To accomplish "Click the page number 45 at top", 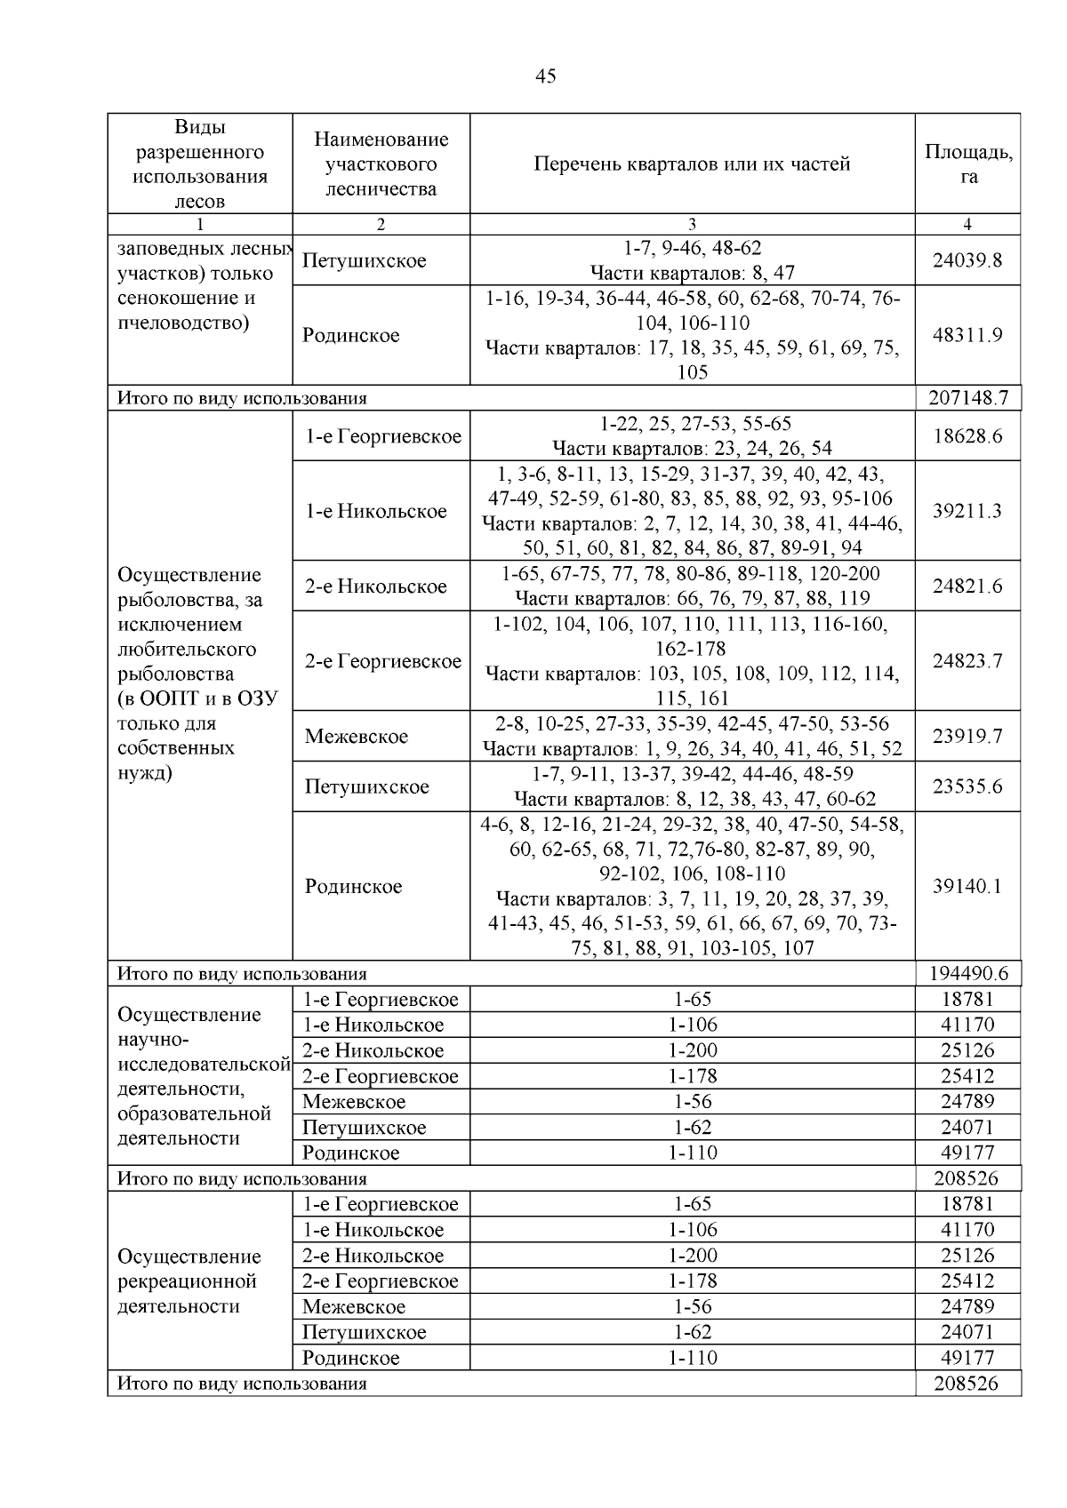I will click(546, 76).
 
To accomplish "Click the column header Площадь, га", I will click(968, 164).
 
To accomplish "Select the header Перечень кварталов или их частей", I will click(692, 164).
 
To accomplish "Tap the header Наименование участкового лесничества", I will click(381, 164).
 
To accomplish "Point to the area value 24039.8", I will click(967, 260).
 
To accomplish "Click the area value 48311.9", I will click(967, 335).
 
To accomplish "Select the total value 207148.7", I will click(967, 398).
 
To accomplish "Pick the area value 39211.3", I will click(967, 511).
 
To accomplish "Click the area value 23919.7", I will click(967, 736).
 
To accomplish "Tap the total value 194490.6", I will click(967, 974).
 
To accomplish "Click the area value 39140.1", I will click(967, 886).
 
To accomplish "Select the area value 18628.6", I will click(967, 436).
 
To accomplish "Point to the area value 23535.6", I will click(967, 786).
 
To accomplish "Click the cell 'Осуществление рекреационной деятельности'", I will click(189, 1281).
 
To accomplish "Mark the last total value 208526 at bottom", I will click(967, 1384).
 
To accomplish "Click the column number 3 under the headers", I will click(692, 225).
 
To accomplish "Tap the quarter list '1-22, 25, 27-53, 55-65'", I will click(692, 424).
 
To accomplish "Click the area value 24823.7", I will click(967, 661).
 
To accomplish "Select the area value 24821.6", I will click(967, 586).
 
